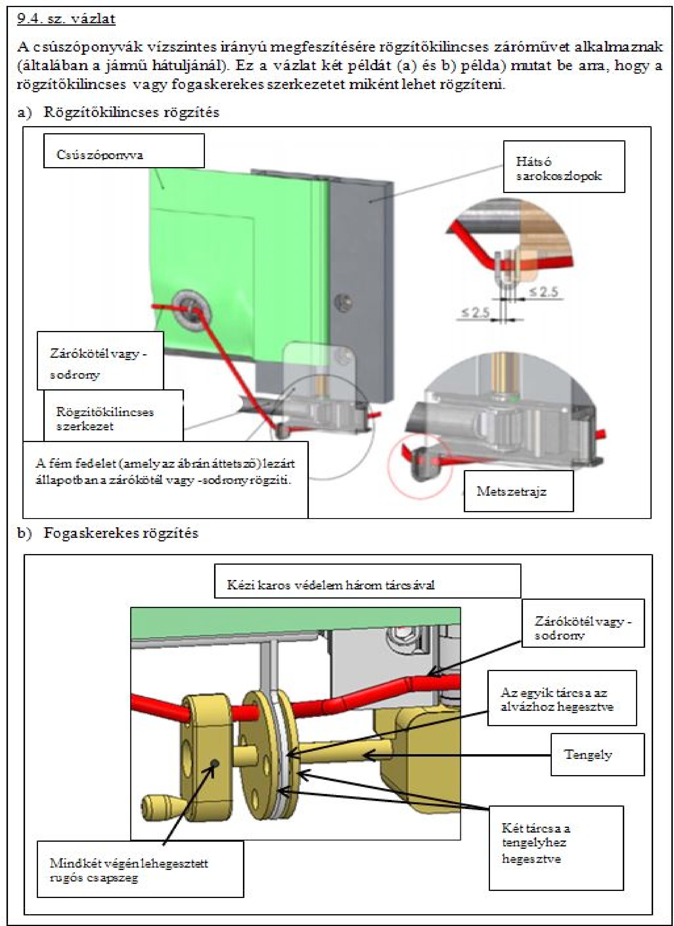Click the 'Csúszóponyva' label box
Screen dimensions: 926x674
pos(124,151)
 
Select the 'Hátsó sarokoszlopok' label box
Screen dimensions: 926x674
pos(564,167)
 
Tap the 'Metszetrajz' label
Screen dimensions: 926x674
pos(518,492)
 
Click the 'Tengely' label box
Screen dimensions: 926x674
pos(597,754)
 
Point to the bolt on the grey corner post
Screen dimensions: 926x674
pos(344,303)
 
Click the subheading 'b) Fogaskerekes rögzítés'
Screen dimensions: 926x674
pos(108,533)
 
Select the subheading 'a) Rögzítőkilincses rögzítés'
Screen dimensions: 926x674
pos(118,112)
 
